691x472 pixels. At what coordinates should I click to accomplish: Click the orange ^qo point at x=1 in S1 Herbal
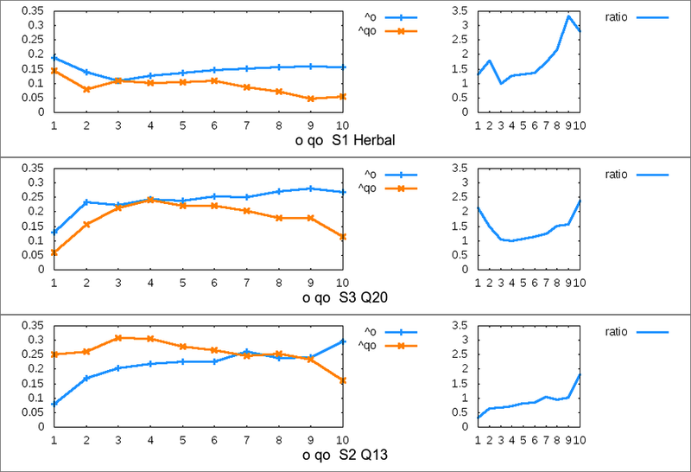[54, 70]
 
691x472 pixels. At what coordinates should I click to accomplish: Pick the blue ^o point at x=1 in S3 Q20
[54, 232]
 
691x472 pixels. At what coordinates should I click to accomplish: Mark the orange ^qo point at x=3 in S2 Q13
[119, 337]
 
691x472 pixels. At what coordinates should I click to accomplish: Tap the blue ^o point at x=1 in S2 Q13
[54, 403]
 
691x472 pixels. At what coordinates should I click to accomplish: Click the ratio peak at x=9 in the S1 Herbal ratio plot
[568, 16]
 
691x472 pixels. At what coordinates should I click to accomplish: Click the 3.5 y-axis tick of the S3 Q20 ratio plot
[460, 168]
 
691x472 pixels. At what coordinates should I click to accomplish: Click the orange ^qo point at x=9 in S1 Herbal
[312, 99]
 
